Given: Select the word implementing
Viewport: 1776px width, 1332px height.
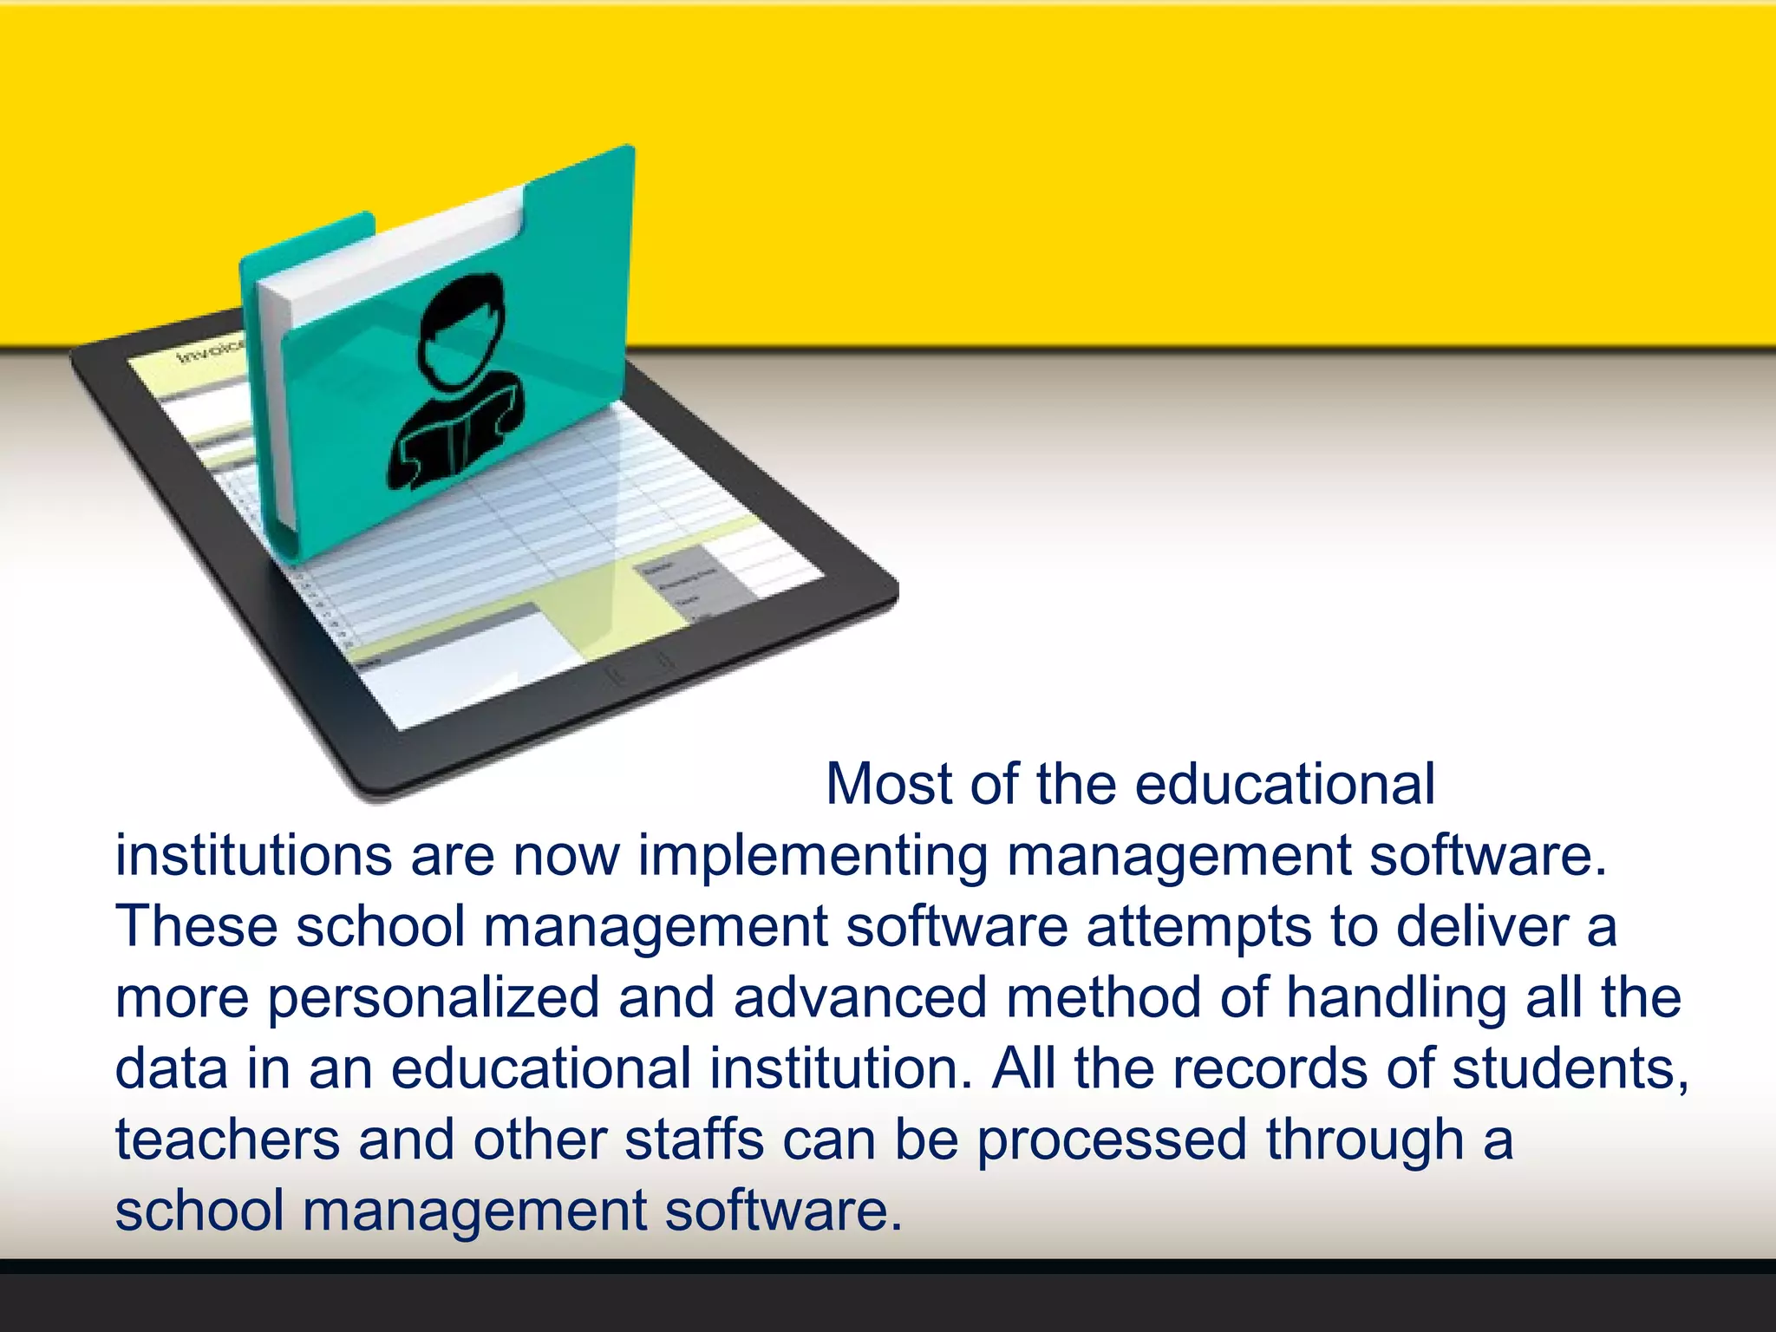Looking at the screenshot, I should [x=813, y=857].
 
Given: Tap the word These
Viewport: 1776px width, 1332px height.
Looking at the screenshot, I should [x=196, y=926].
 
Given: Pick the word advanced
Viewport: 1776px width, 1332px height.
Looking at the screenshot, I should [x=860, y=997].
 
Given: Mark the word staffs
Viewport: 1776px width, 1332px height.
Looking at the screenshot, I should [x=695, y=1139].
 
